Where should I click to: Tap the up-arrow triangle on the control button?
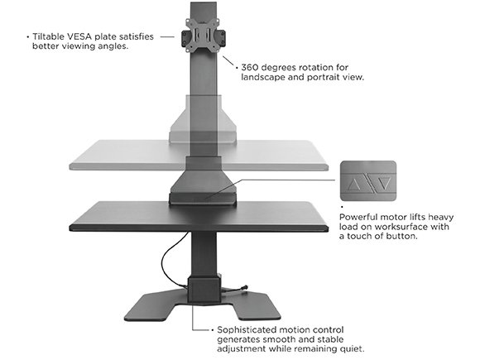click(x=354, y=185)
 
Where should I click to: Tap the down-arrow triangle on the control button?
click(x=384, y=184)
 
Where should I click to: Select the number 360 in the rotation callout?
click(x=250, y=67)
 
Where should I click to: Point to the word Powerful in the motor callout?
click(x=358, y=217)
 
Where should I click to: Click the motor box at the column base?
click(x=204, y=290)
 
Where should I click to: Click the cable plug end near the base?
click(x=245, y=288)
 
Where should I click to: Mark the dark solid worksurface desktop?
click(x=199, y=216)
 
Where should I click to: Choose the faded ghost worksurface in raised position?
click(x=199, y=155)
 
